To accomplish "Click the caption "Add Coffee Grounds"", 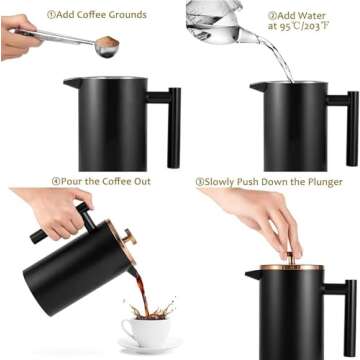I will click(x=100, y=15).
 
